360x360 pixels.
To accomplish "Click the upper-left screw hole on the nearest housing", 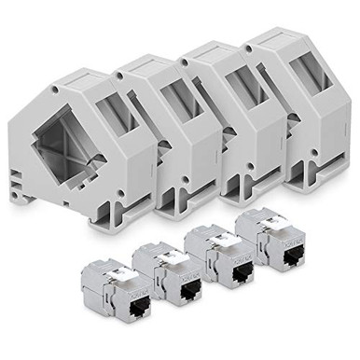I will [x=53, y=90].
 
